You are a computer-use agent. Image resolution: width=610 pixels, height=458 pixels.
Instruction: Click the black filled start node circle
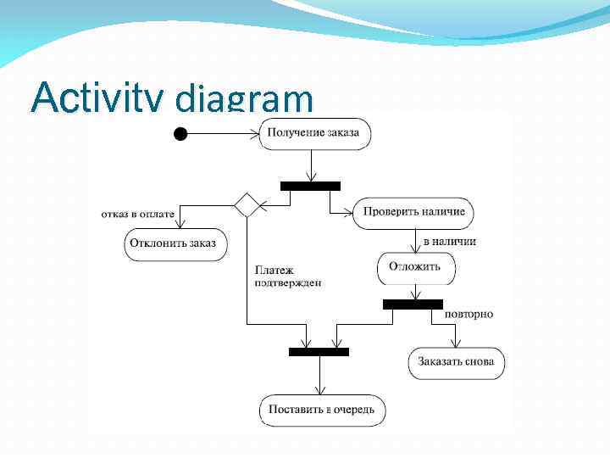click(179, 132)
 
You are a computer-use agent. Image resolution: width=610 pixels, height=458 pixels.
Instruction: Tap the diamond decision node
click(247, 205)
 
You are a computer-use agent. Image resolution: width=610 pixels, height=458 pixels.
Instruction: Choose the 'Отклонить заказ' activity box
click(172, 243)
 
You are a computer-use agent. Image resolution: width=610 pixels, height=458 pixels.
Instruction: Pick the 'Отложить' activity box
click(415, 267)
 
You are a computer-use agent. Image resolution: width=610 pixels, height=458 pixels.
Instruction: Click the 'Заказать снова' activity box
click(457, 362)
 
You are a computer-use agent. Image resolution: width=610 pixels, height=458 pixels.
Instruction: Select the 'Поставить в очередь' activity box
click(321, 410)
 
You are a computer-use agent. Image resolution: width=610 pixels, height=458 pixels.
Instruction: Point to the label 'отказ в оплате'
click(137, 214)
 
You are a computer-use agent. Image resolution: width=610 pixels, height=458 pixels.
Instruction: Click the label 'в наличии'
click(449, 241)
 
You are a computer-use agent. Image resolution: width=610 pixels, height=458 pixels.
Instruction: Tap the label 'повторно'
click(469, 314)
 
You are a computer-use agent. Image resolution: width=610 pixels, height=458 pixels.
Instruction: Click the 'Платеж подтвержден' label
click(288, 276)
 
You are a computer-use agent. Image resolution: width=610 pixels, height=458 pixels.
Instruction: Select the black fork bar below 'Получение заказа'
click(310, 186)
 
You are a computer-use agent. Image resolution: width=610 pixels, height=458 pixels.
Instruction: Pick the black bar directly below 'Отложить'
click(413, 304)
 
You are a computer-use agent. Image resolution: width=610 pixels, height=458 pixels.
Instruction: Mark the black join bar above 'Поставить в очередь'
click(319, 351)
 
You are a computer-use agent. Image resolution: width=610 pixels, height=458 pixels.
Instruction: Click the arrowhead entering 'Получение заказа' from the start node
click(256, 132)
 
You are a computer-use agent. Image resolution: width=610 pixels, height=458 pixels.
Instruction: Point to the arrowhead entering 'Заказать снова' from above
click(457, 343)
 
